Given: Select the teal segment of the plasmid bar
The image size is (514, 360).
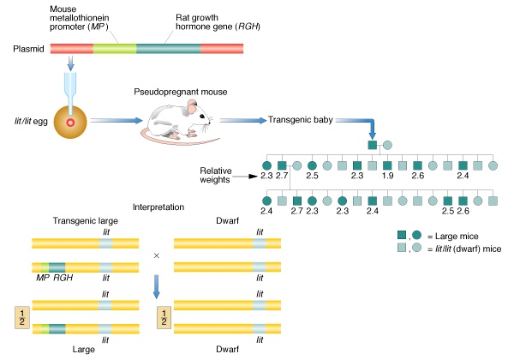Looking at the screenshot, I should (168, 49).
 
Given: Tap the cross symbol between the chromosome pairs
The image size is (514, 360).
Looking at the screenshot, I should (156, 255).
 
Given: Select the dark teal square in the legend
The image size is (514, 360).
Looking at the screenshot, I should (401, 235).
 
